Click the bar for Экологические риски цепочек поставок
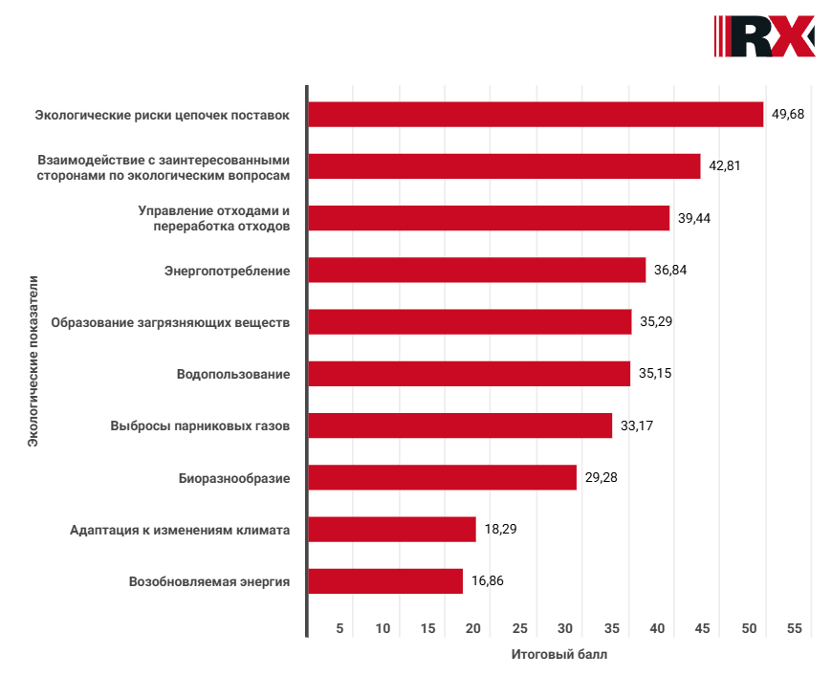point(536,115)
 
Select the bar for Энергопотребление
point(476,271)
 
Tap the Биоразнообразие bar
point(442,477)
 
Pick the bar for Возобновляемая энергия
point(384,581)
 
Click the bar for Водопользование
point(469,374)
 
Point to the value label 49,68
point(788,115)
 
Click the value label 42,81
point(725,165)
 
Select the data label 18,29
point(500,529)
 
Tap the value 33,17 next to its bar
point(636,425)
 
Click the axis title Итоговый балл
point(558,655)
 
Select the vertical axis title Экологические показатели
point(33,361)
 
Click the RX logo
point(764,36)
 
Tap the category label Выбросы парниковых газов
point(200,425)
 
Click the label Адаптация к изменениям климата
point(180,529)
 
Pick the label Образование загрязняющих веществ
point(169,322)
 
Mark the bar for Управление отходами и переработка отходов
point(488,218)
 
